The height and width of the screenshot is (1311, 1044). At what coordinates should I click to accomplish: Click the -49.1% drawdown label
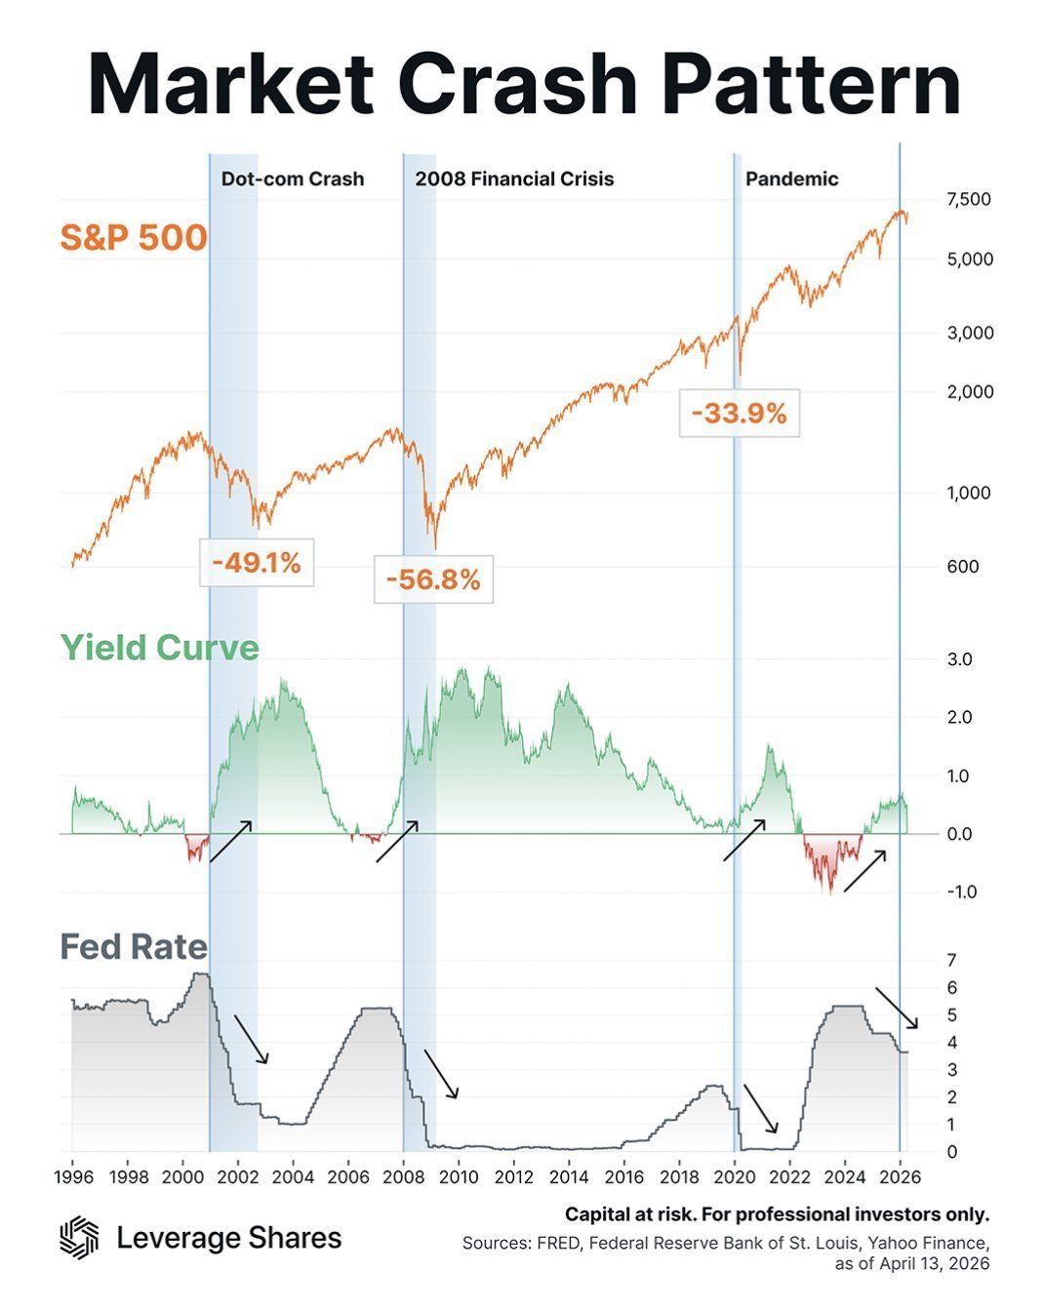click(257, 562)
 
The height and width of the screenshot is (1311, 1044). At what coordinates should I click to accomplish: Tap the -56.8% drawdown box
click(433, 579)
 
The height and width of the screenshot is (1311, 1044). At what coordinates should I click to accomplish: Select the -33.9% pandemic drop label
click(740, 413)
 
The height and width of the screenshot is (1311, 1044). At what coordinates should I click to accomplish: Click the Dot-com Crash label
click(293, 179)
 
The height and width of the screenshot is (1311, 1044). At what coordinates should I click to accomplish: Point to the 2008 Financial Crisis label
click(514, 179)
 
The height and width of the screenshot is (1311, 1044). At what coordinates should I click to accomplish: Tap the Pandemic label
click(791, 179)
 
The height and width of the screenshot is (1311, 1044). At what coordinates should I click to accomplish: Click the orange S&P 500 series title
click(134, 237)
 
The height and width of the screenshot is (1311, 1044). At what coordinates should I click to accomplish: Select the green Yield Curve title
click(160, 647)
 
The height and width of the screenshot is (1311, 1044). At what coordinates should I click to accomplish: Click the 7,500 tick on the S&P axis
click(969, 199)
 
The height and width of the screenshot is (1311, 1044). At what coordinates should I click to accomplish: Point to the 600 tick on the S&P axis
click(962, 566)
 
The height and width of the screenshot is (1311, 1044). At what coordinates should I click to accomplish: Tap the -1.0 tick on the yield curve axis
click(961, 892)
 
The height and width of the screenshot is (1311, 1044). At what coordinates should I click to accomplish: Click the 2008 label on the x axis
click(403, 1176)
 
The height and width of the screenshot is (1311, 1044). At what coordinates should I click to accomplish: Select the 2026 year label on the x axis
click(901, 1176)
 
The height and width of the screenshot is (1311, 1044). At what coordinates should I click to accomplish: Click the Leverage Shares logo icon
click(79, 1237)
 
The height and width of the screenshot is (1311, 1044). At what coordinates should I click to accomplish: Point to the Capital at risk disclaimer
click(777, 1214)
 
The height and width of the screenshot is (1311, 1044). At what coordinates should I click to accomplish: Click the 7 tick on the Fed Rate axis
click(951, 961)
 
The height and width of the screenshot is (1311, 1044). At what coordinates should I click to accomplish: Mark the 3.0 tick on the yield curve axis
click(959, 659)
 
